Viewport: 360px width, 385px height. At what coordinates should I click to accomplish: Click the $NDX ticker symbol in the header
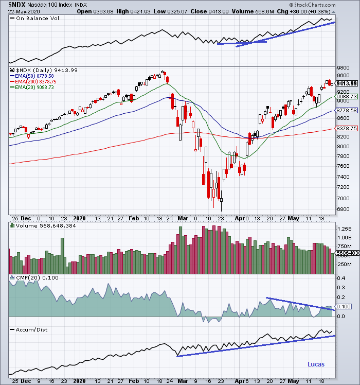tap(17, 4)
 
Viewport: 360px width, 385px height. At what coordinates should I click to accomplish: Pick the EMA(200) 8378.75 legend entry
tap(33, 81)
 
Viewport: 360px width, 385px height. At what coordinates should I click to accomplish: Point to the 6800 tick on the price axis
tap(344, 209)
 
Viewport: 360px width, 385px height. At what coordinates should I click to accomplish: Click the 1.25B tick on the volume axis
tap(344, 228)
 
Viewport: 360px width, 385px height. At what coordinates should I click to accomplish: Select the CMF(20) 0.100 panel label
tap(34, 278)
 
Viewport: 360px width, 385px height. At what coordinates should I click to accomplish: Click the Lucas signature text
tap(316, 364)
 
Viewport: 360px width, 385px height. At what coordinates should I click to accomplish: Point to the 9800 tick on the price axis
tap(344, 68)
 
